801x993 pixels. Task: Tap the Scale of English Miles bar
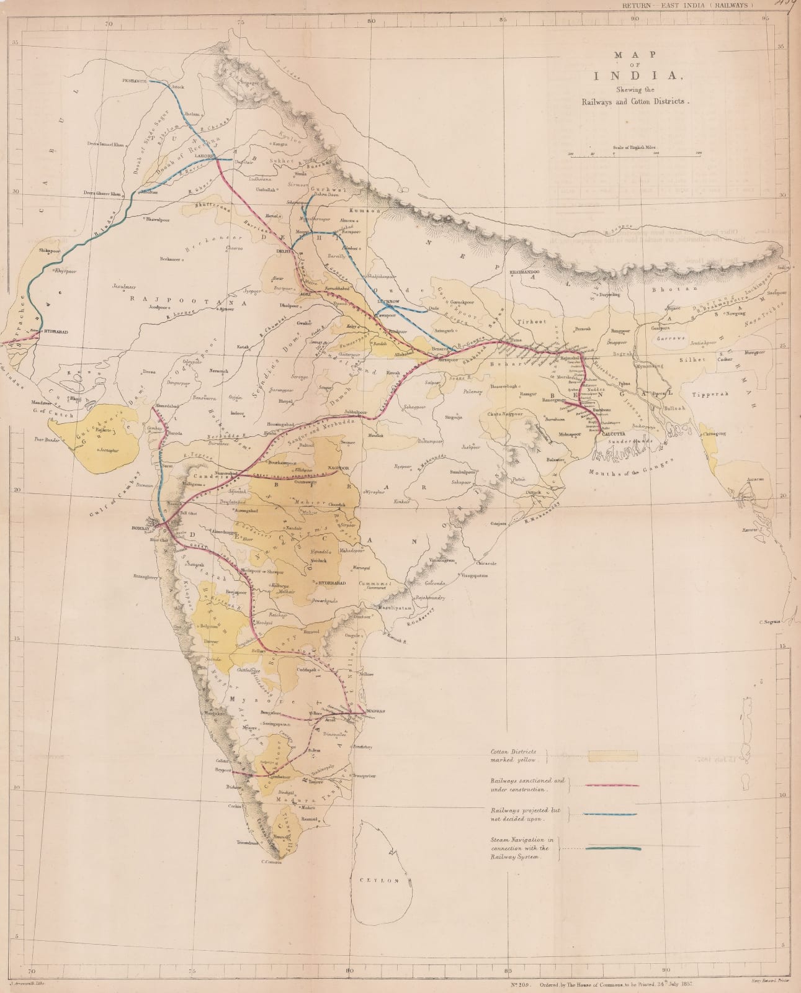click(635, 157)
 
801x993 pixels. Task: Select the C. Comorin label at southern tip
click(272, 862)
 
